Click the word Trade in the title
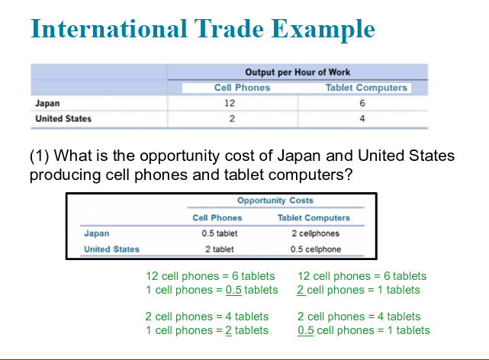tap(229, 29)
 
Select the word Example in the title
tap(323, 31)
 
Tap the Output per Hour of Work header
tap(298, 72)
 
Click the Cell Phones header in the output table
tap(242, 88)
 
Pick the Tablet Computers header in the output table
tap(366, 88)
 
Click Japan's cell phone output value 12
tap(230, 103)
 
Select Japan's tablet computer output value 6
tap(362, 103)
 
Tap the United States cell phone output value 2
tap(232, 118)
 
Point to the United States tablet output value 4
tap(362, 118)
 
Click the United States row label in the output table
tap(63, 119)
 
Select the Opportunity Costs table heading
tap(275, 201)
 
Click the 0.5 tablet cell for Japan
tap(220, 233)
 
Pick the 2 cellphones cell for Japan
tap(315, 233)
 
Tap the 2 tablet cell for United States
tap(220, 249)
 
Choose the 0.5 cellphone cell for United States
tap(316, 249)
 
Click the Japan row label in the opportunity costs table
tap(97, 233)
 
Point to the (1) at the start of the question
tap(40, 156)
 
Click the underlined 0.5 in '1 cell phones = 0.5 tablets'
tap(233, 290)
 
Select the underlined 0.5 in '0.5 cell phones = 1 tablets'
tap(306, 330)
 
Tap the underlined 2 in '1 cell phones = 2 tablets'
tap(229, 330)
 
